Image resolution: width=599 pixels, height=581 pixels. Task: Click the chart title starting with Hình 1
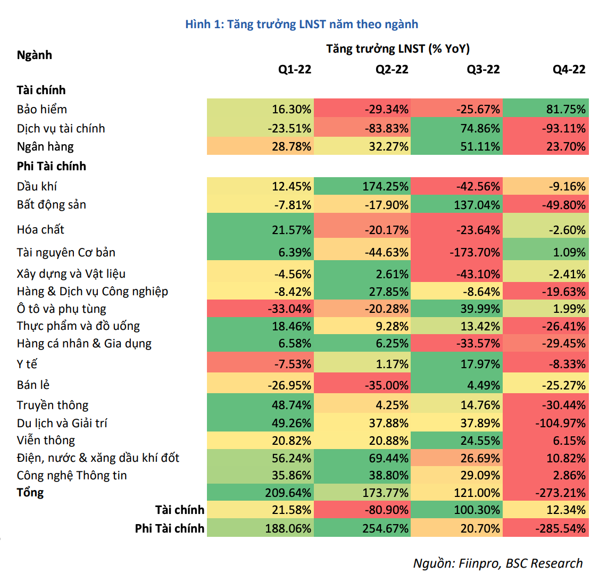(302, 24)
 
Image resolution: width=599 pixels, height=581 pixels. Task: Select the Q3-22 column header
(483, 70)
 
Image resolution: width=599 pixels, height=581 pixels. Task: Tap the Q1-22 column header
(295, 70)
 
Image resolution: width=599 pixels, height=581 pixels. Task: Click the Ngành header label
(35, 55)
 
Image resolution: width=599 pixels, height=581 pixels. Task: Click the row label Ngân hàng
(45, 147)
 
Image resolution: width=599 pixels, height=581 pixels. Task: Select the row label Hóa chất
(40, 230)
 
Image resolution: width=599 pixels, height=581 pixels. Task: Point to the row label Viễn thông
(46, 441)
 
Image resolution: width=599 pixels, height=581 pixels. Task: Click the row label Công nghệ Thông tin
(72, 476)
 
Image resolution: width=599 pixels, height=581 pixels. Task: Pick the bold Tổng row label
(30, 493)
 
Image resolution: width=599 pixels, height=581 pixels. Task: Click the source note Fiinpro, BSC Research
(498, 563)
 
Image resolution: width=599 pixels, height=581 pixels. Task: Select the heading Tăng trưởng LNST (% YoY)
(398, 49)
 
